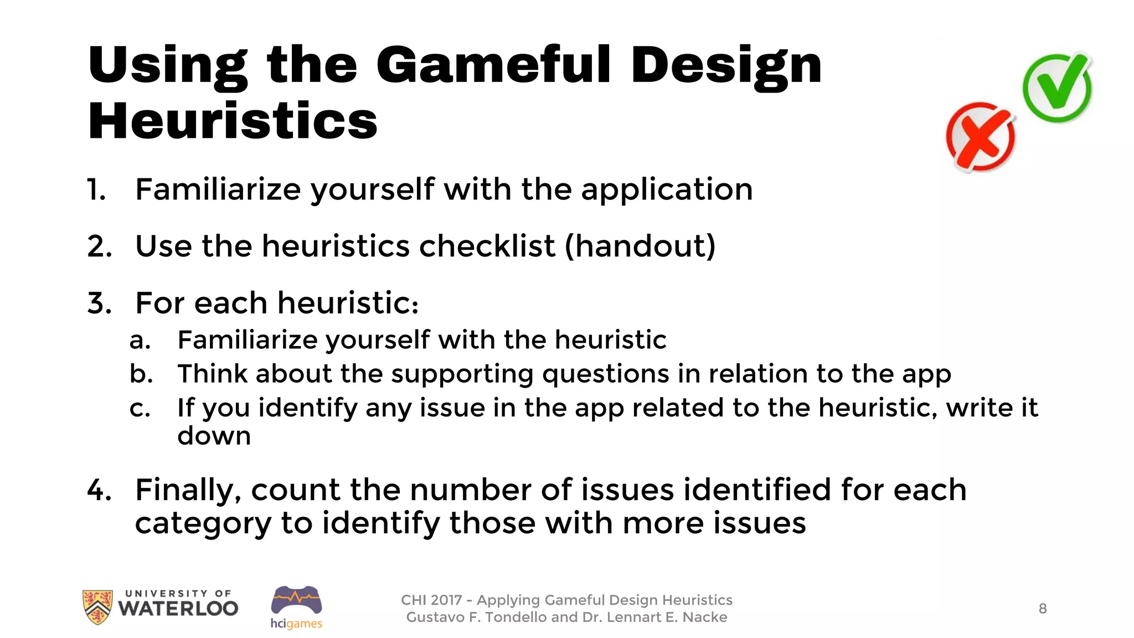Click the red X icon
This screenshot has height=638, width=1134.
point(981,137)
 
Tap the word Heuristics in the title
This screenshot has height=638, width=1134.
point(233,121)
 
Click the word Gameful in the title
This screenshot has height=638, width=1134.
point(493,65)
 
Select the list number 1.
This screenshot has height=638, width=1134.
point(96,190)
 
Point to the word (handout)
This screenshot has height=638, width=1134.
point(640,246)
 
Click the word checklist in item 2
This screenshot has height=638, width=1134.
point(487,246)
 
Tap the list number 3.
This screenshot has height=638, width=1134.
point(99,303)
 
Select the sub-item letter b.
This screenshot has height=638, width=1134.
point(141,374)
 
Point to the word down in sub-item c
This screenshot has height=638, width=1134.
point(214,436)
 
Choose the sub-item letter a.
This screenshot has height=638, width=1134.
point(140,340)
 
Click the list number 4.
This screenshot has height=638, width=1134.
point(99,490)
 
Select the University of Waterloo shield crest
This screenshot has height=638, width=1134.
point(97,606)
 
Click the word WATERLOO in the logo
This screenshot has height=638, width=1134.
point(178,609)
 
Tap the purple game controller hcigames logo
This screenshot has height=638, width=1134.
point(296,601)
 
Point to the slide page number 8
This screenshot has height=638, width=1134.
point(1043,609)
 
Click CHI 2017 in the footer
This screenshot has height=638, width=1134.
point(431,600)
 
